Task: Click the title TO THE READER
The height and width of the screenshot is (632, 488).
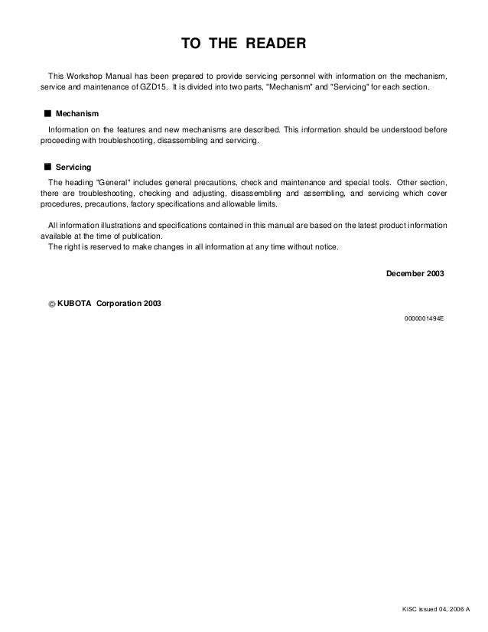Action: pyautogui.click(x=243, y=44)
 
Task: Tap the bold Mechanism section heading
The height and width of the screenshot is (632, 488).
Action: pyautogui.click(x=76, y=114)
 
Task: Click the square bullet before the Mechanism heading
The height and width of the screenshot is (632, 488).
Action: pyautogui.click(x=47, y=114)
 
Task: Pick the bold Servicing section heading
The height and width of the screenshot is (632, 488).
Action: pyautogui.click(x=73, y=166)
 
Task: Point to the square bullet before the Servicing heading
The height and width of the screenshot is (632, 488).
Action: pyautogui.click(x=47, y=166)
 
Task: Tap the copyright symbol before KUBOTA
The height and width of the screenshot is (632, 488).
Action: pyautogui.click(x=51, y=303)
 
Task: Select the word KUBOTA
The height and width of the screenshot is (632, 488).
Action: pyautogui.click(x=75, y=302)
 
